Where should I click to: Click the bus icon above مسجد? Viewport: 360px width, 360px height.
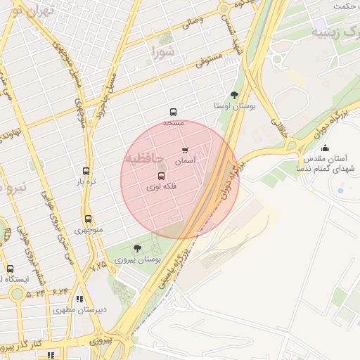(173, 112)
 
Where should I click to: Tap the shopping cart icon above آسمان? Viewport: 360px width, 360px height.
(185, 150)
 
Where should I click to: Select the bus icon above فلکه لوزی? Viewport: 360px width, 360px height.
(162, 176)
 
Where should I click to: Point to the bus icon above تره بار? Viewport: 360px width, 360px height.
(86, 171)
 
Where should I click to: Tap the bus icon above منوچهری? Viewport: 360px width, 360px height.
(88, 219)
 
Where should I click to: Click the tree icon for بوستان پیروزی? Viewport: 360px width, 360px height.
(136, 247)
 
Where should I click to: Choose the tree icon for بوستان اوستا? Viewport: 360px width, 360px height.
(234, 94)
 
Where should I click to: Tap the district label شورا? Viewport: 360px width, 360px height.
(162, 51)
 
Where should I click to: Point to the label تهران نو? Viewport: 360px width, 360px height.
(29, 12)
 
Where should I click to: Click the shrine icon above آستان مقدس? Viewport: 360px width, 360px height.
(325, 148)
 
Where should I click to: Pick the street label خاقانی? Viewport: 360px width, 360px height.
(283, 127)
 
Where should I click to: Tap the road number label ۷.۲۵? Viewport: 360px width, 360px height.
(98, 266)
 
